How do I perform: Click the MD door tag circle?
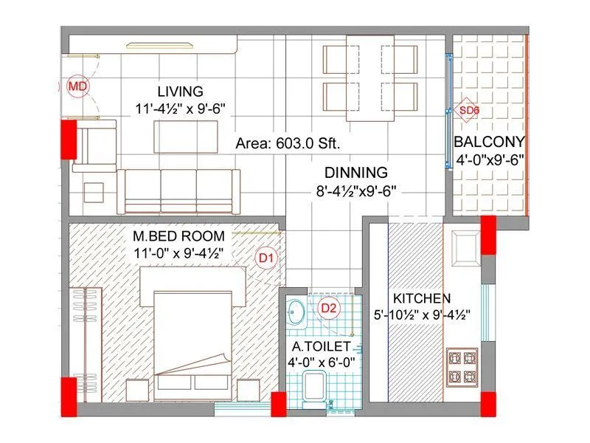tap(77, 87)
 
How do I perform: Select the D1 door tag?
tap(266, 258)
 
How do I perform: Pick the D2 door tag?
tap(328, 309)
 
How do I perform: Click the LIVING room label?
tap(180, 92)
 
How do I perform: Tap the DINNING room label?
tap(356, 174)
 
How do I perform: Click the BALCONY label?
tap(489, 142)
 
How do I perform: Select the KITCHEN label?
tap(421, 299)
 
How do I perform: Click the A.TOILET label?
tap(321, 346)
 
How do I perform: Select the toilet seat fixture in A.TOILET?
tap(316, 385)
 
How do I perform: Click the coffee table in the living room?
tap(185, 137)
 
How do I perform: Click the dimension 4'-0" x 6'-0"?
tap(321, 363)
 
